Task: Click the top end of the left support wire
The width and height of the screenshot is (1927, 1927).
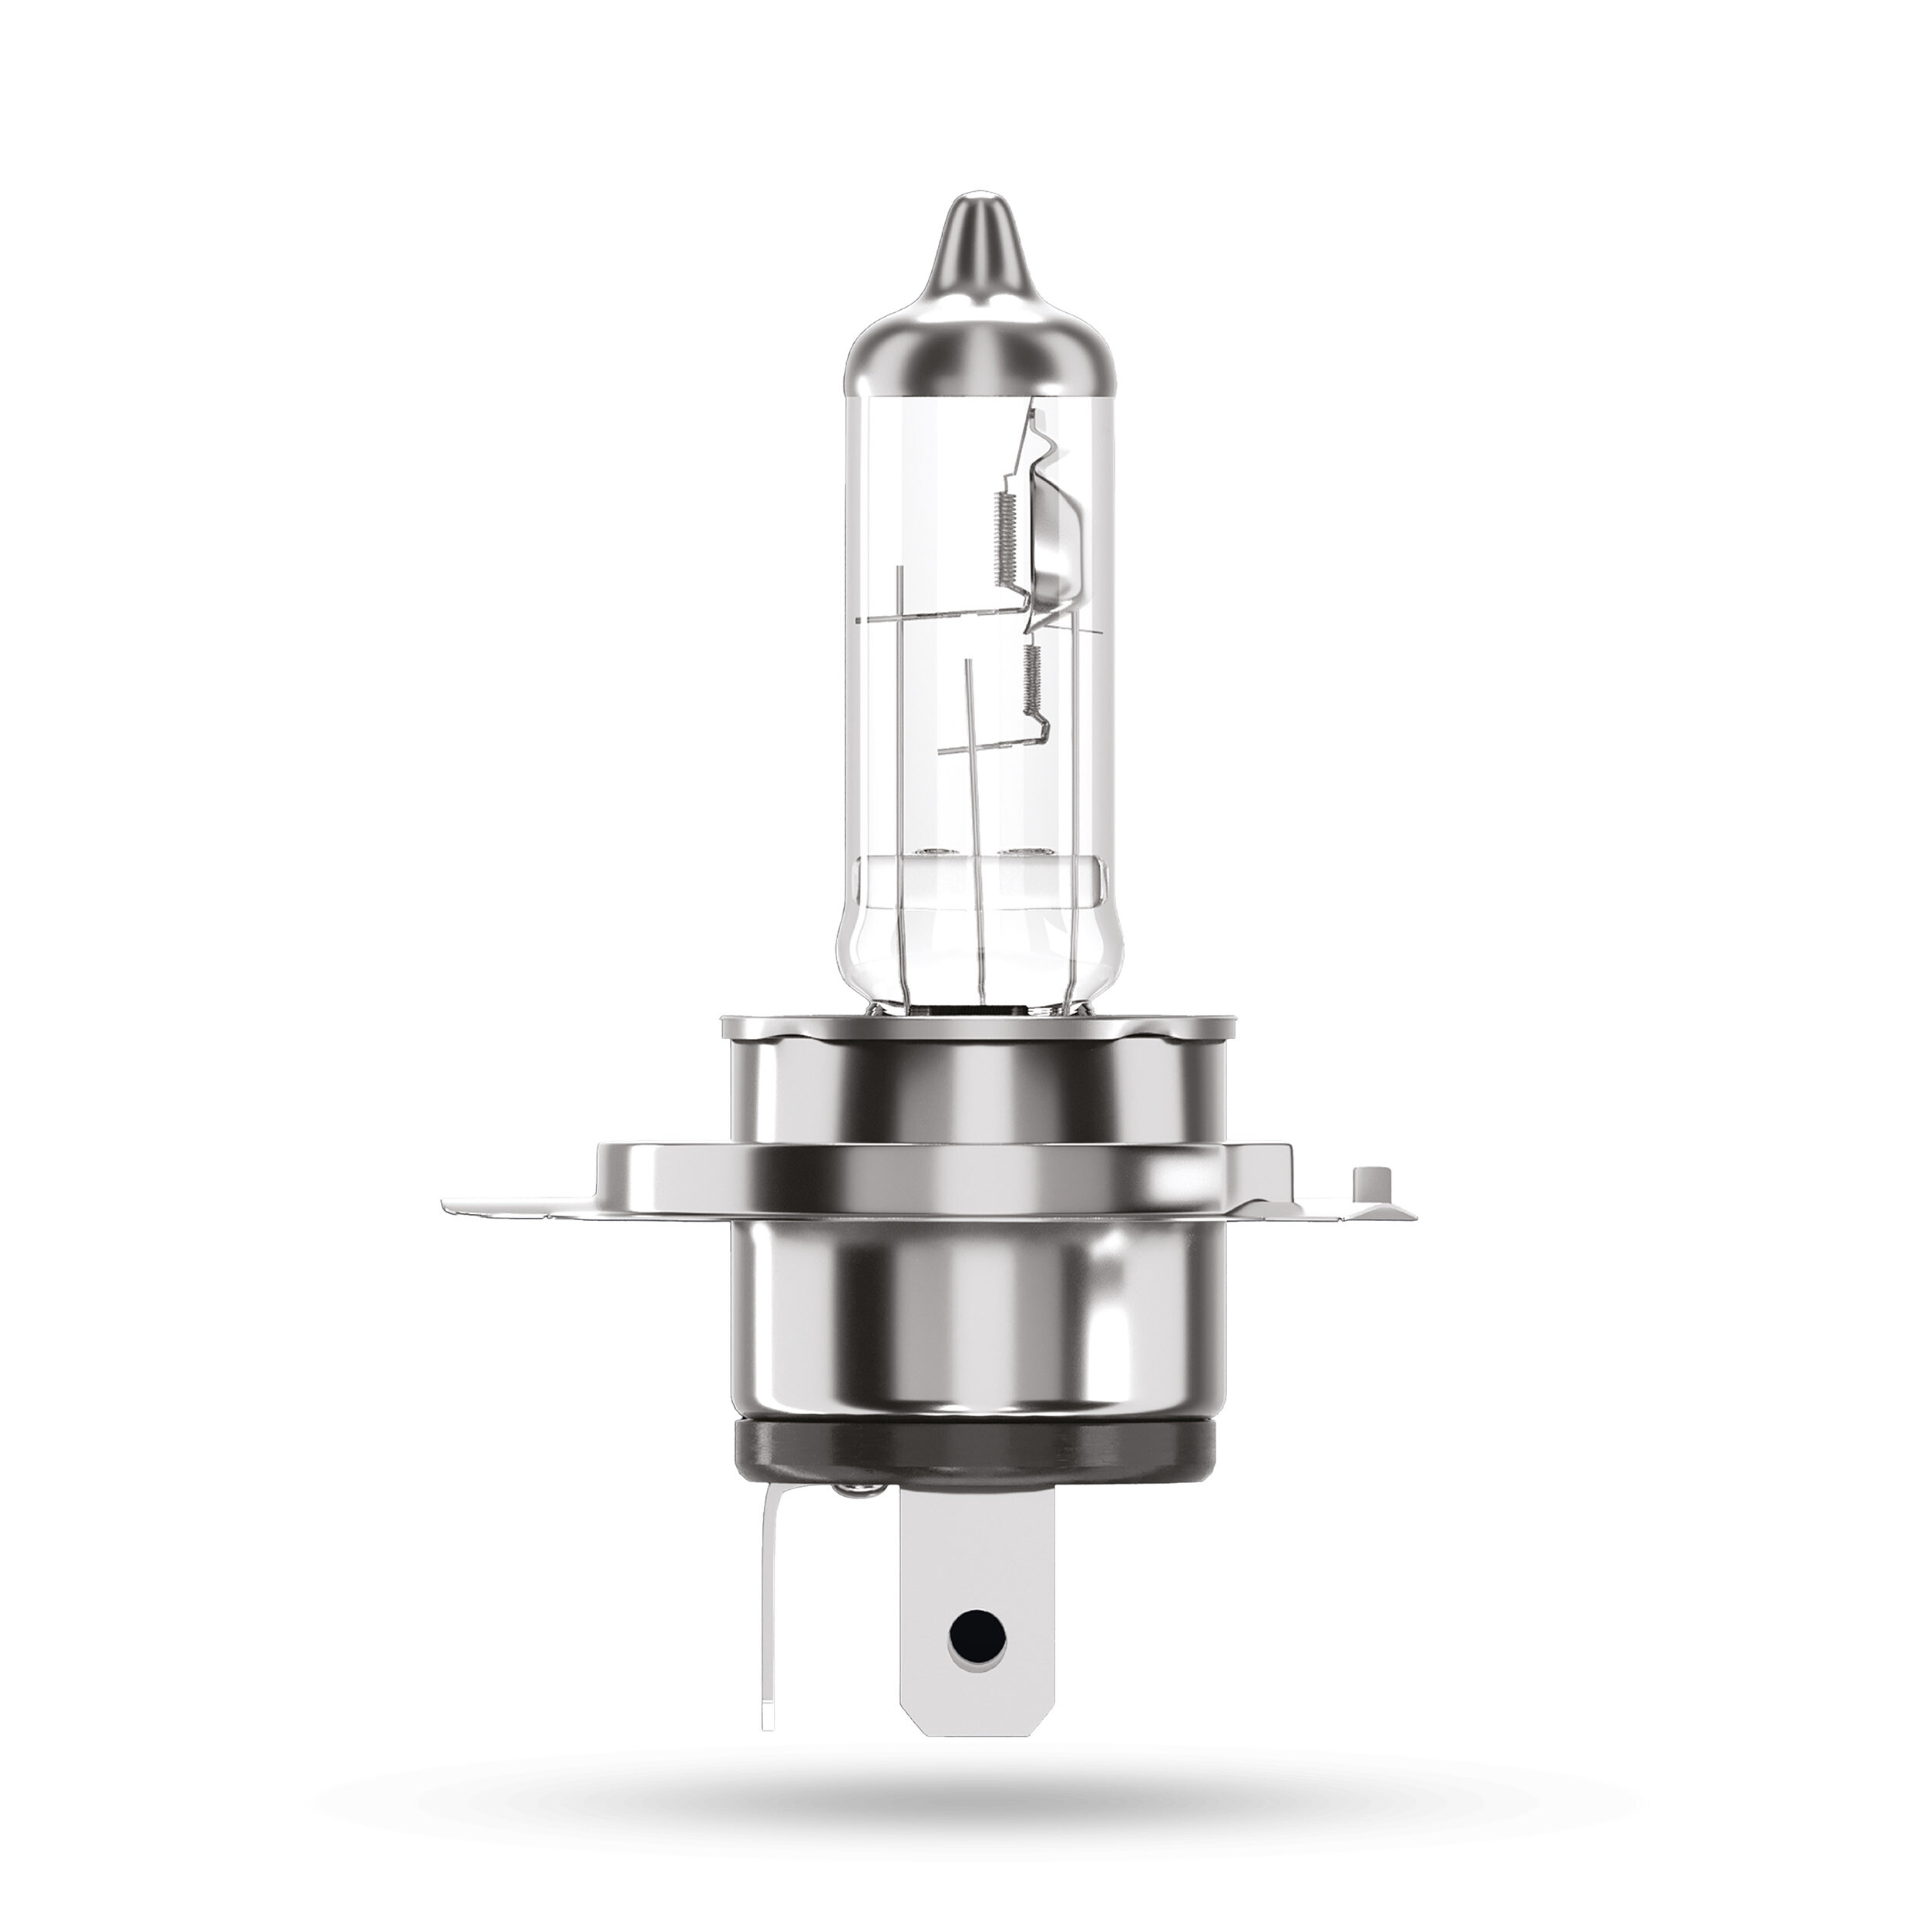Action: coord(900,570)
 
